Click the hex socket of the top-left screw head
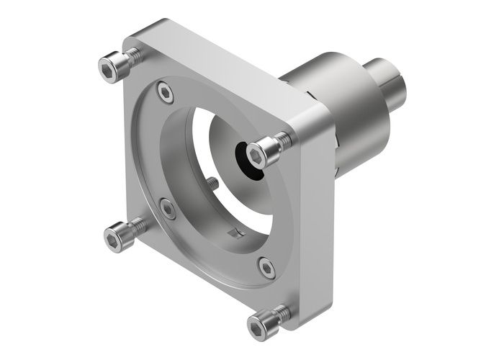point(109,68)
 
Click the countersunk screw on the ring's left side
point(168,209)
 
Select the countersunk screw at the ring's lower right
point(266,268)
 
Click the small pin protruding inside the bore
point(213,183)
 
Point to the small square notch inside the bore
point(232,233)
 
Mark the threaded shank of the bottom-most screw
point(282,314)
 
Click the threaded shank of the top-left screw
point(132,57)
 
